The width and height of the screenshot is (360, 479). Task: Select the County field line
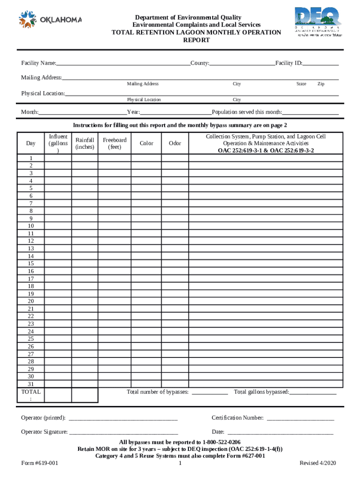[x=242, y=64]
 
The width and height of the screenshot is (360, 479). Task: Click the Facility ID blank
[x=321, y=64]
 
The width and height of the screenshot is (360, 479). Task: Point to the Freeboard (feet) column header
[x=115, y=144]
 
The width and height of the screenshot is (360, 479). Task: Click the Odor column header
[x=175, y=144]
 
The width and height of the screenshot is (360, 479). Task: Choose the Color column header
[x=146, y=144]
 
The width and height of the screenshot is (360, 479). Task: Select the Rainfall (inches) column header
[x=85, y=144]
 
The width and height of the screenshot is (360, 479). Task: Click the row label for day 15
[x=31, y=264]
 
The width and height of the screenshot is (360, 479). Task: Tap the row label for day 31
[x=31, y=384]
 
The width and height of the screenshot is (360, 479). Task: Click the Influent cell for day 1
[x=58, y=159]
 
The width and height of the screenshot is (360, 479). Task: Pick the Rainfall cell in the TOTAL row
[x=85, y=395]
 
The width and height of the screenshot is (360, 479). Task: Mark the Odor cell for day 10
[x=175, y=226]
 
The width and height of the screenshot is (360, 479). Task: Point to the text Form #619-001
[x=40, y=463]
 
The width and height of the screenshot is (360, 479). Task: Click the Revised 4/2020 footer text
[x=317, y=463]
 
